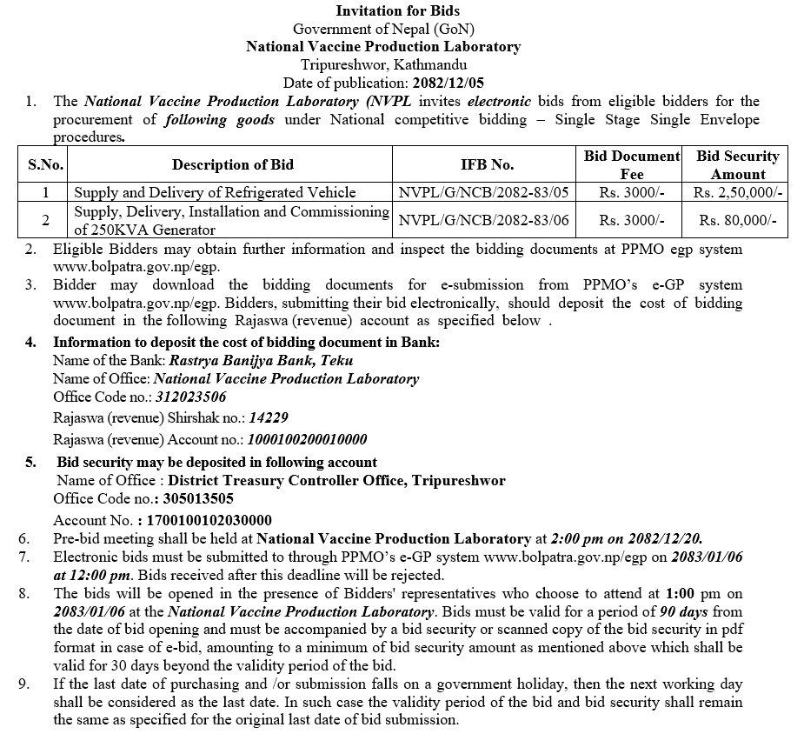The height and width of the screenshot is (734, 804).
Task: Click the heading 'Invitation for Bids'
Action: tap(398, 11)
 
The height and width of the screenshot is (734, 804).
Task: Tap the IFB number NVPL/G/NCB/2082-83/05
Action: tap(483, 193)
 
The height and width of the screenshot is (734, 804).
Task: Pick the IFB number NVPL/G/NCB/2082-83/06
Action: tap(483, 221)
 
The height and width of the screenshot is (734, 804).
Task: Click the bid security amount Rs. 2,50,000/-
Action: tap(738, 193)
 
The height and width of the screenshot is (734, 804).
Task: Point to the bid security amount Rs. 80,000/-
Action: tap(738, 221)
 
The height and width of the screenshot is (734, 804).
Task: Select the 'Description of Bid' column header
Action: tap(232, 165)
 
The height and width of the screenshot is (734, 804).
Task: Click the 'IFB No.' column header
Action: tap(487, 165)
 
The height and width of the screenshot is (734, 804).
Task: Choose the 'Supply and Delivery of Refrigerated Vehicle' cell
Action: tap(215, 193)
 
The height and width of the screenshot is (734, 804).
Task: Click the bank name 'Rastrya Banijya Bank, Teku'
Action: tap(261, 360)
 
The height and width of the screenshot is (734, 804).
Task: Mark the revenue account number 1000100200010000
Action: tap(308, 439)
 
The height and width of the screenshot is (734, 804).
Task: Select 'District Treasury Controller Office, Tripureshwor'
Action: tap(336, 480)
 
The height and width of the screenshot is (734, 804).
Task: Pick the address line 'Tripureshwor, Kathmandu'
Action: tap(383, 64)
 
